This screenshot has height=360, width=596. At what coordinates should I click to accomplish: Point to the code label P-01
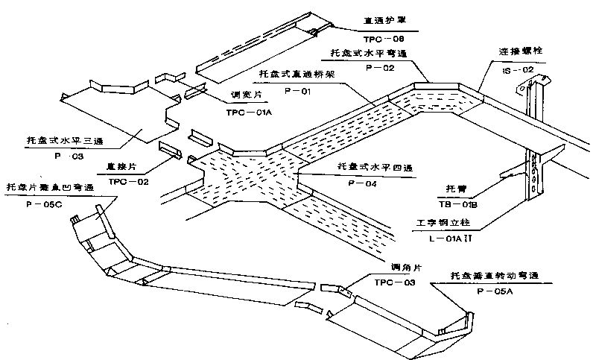tap(297, 90)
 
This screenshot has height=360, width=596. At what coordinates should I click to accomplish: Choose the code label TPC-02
tap(128, 181)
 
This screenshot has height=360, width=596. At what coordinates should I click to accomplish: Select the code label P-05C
tap(45, 203)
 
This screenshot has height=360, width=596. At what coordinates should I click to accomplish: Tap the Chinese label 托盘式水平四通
tap(372, 167)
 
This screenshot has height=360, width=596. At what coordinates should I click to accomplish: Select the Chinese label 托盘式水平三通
tap(57, 141)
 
